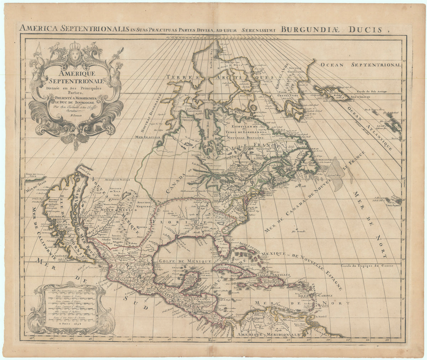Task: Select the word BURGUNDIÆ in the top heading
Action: click(x=309, y=30)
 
